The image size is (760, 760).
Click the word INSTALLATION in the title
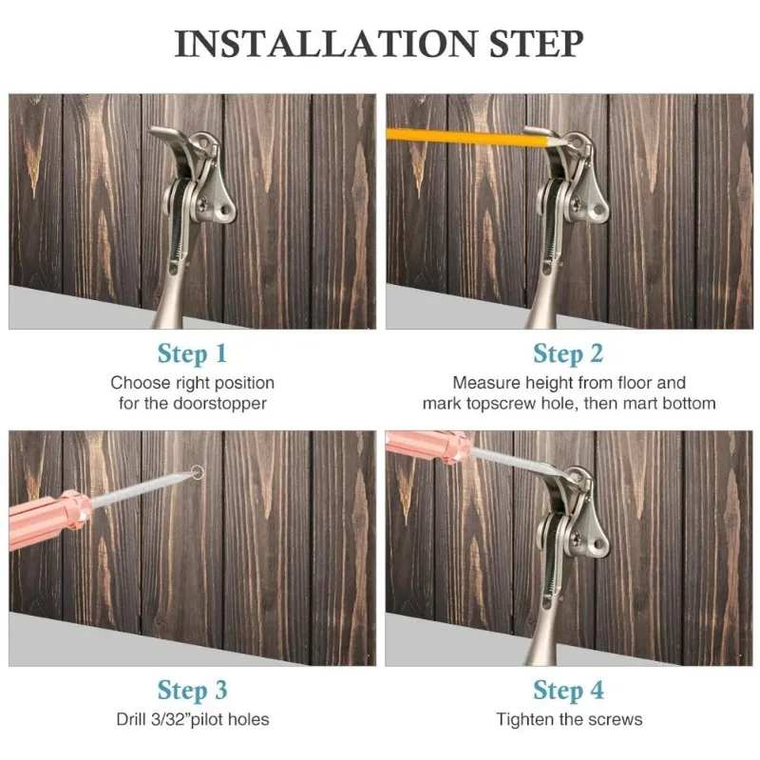point(326,44)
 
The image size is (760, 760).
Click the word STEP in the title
point(536,44)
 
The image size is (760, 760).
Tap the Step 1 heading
point(192,354)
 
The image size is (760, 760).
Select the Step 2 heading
point(568,354)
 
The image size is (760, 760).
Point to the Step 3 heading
point(192,692)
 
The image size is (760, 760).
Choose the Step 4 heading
point(568,692)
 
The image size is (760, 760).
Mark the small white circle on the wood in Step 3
point(198,471)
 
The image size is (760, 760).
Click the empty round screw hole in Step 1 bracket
point(225,210)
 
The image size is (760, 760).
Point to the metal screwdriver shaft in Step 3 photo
point(141,488)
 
